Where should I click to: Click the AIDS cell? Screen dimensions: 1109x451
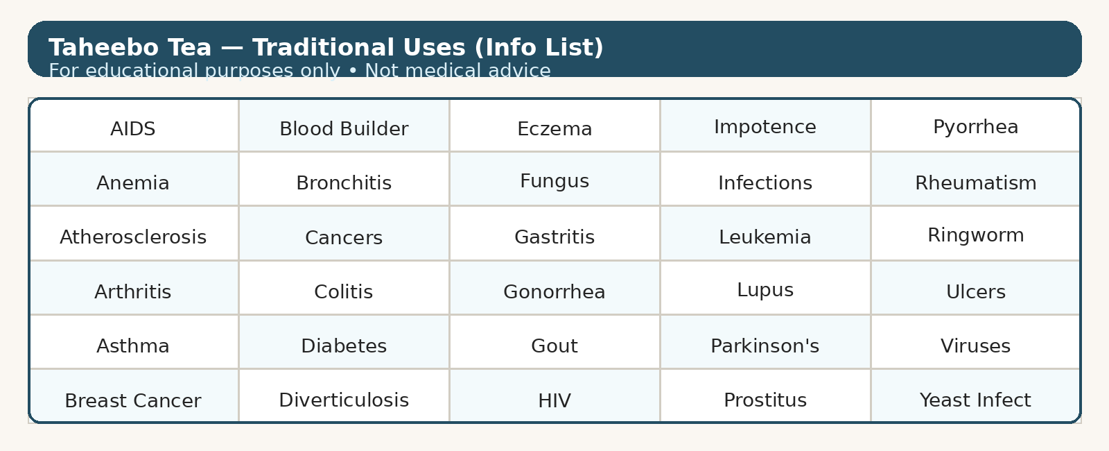133,126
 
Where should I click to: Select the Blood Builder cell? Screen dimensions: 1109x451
344,126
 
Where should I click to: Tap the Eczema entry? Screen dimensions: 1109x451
554,126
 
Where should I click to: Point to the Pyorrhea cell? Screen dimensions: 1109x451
975,126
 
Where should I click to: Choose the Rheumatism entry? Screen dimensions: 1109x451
975,179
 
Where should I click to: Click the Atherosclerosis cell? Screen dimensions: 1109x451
133,233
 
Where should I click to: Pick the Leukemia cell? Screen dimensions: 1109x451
765,233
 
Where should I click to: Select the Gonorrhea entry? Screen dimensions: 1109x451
554,288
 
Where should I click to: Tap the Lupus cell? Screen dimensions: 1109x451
765,288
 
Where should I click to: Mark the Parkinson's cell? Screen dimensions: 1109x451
765,342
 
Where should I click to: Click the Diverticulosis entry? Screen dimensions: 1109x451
344,395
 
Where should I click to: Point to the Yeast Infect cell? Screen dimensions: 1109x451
975,395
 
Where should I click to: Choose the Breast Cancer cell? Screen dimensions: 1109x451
133,395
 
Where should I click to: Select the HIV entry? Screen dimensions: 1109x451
554,395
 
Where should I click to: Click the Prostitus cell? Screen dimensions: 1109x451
765,395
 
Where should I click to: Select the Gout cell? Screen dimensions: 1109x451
554,342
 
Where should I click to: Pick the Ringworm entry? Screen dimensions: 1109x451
975,233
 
